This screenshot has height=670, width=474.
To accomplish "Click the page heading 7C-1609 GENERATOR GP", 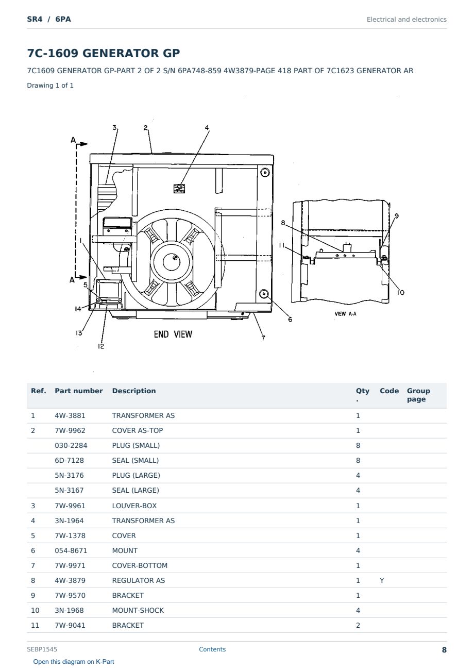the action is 104,53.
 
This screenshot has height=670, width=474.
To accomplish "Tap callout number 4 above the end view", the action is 207,128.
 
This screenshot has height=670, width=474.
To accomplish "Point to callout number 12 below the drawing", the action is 101,346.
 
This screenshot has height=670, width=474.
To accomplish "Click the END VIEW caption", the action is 173,334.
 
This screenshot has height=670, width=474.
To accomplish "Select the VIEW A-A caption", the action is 345,314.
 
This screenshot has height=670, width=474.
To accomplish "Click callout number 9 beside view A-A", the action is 397,215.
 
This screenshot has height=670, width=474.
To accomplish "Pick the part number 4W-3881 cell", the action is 70,415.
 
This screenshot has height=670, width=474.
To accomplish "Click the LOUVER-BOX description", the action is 134,506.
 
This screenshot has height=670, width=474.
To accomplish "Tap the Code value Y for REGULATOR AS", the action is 382,580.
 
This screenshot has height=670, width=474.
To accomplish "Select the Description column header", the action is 134,391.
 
